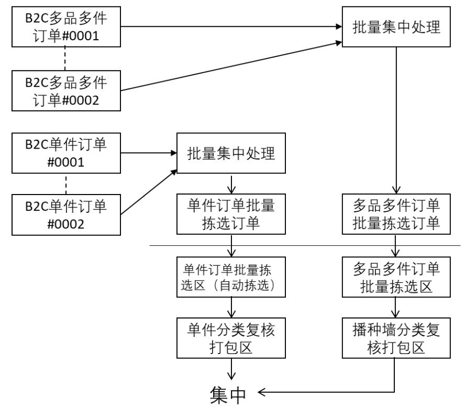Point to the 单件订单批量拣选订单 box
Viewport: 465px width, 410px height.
click(231, 213)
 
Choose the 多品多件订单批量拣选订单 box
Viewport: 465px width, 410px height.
click(395, 213)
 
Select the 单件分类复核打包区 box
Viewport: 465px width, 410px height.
click(231, 339)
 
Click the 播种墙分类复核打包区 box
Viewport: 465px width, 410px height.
click(395, 339)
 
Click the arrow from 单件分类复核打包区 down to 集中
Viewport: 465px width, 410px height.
click(231, 369)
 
